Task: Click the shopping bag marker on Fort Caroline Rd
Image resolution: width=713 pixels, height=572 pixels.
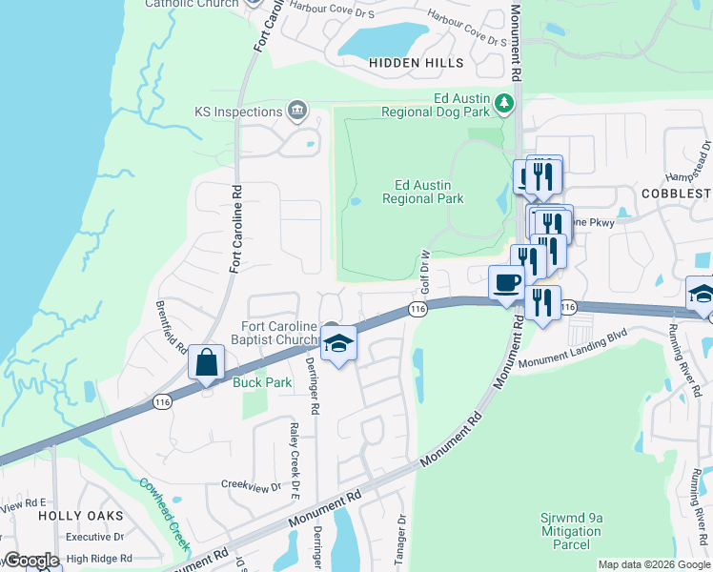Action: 207,363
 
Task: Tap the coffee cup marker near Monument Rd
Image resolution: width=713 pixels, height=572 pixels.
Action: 505,283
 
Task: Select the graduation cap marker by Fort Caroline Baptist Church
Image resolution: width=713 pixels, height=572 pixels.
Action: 338,344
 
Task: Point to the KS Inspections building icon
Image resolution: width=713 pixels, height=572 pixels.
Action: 297,112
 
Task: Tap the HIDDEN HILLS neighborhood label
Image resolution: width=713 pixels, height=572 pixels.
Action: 417,63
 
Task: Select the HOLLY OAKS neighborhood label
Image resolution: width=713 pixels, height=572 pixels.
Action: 81,515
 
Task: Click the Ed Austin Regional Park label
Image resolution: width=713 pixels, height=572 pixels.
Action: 422,192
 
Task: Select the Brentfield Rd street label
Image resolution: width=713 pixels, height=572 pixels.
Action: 172,328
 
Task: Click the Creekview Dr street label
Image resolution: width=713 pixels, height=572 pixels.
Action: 251,485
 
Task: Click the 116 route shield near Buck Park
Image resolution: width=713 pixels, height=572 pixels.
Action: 162,402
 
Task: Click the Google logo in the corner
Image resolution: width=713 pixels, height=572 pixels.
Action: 31,561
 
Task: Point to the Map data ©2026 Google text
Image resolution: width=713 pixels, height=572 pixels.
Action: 653,564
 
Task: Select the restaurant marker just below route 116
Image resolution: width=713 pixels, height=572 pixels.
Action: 542,304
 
